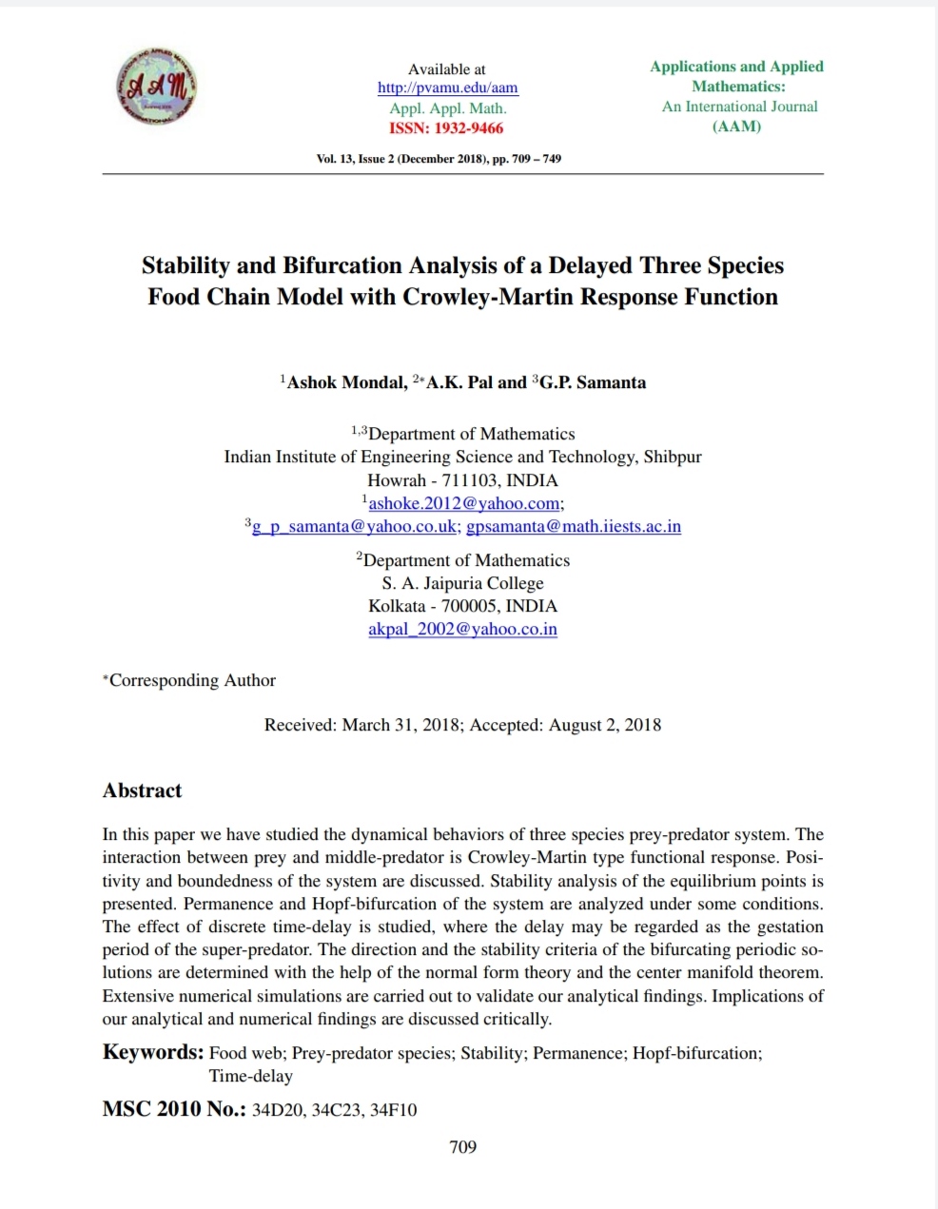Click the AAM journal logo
[x=156, y=86]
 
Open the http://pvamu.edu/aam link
[x=447, y=88]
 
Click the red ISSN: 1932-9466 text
[x=446, y=128]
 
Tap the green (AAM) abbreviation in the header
[x=736, y=127]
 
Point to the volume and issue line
[x=439, y=159]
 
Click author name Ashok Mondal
[x=346, y=382]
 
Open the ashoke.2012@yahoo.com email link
[x=464, y=503]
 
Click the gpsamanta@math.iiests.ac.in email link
[x=574, y=526]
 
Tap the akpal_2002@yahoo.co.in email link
[x=462, y=629]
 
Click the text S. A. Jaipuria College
[x=462, y=583]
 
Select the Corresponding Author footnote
[x=190, y=680]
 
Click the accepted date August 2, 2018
[x=604, y=725]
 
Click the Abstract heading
[x=142, y=790]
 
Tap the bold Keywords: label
[x=153, y=1052]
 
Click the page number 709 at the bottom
[x=462, y=1147]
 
